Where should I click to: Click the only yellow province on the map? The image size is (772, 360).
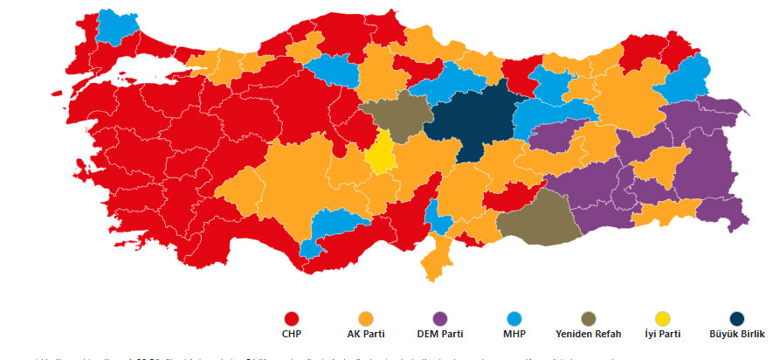381,154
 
